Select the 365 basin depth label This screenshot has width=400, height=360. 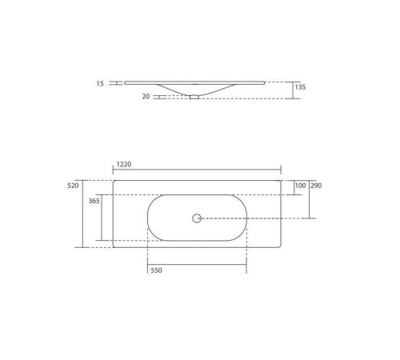click(94, 202)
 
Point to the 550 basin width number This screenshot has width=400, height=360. click(156, 270)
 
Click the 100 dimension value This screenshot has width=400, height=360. click(300, 186)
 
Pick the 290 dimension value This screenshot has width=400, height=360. click(316, 186)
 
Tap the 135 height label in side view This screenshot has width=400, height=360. click(300, 87)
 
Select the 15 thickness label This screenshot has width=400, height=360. click(100, 82)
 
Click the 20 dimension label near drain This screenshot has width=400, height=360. click(146, 97)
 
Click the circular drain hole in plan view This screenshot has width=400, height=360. click(197, 218)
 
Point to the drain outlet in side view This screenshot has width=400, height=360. click(194, 97)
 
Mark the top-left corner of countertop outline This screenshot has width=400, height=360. click(114, 181)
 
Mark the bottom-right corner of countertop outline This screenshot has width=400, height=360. click(281, 246)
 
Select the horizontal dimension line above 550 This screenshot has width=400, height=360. click(197, 264)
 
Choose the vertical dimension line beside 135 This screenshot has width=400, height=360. click(293, 90)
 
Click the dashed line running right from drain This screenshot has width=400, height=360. click(256, 218)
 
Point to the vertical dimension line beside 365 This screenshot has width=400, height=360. click(102, 218)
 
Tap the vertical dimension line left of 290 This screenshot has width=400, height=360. click(310, 199)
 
